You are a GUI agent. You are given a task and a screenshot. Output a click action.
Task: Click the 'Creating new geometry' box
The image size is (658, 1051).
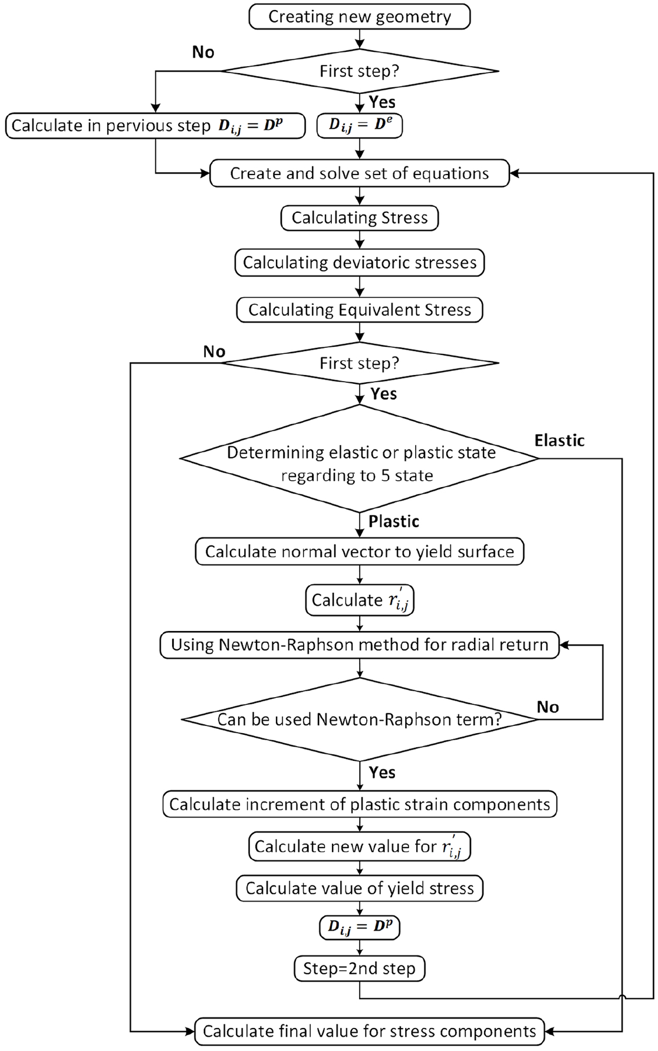pos(360,17)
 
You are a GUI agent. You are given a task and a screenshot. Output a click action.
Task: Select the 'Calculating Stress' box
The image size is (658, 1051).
pos(360,218)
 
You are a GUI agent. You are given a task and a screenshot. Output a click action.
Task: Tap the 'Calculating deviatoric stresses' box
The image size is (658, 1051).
pos(360,262)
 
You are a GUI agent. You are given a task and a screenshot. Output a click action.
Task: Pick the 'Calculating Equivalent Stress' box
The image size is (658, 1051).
pos(360,310)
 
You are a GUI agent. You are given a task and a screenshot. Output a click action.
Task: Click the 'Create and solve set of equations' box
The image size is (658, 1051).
pos(360,173)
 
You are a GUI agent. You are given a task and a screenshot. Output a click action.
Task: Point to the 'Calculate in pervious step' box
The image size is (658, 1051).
pos(156,126)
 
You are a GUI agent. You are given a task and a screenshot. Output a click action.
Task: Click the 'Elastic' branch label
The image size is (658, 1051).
pos(560,441)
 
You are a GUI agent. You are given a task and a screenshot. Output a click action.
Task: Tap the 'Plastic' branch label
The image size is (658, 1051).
pos(394,521)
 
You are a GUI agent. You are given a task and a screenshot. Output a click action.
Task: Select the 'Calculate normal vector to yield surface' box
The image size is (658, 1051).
pos(360,551)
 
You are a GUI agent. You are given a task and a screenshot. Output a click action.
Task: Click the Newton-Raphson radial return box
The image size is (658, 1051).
pos(360,645)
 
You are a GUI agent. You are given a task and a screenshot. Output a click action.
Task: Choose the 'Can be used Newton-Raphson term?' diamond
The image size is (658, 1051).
pos(360,720)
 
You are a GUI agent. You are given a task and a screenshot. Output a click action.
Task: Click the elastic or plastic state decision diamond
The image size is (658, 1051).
pos(360,458)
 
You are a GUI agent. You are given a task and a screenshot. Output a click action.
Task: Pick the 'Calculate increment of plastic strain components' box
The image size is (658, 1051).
pos(360,804)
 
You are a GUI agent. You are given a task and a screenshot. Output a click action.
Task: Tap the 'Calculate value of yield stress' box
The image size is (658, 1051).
pos(360,888)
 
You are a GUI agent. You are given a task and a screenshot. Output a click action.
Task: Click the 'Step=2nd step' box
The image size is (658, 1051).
pos(360,968)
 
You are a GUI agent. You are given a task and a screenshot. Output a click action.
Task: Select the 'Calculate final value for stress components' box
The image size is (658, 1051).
pos(370,1031)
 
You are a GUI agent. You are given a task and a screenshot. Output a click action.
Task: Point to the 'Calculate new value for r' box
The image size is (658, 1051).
pos(360,846)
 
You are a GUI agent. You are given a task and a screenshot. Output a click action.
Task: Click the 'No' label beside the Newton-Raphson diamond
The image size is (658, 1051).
pos(548,707)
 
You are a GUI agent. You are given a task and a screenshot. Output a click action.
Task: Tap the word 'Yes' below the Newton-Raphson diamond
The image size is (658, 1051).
pos(382,773)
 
